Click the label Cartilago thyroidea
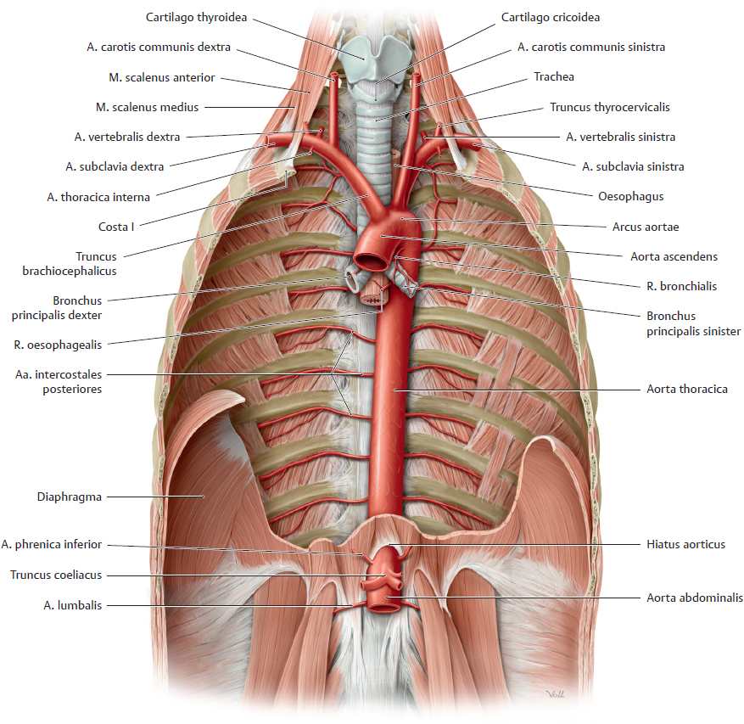[196, 18]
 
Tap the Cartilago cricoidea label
[551, 18]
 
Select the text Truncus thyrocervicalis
[610, 107]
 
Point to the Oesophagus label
[630, 197]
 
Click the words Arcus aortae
[646, 227]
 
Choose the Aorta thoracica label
[686, 389]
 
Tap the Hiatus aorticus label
[685, 544]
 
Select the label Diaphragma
[70, 497]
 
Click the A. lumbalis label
[73, 605]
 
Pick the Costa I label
[116, 227]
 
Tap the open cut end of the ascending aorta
[370, 261]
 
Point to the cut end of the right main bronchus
[351, 279]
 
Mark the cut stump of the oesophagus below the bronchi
[372, 299]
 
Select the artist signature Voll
[555, 694]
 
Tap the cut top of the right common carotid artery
[334, 76]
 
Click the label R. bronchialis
[681, 286]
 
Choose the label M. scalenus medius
[147, 107]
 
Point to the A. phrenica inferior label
[51, 545]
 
